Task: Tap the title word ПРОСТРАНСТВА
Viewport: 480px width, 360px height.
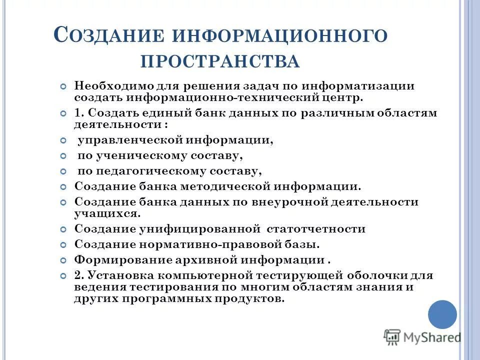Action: (x=220, y=62)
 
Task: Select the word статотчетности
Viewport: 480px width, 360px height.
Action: (x=316, y=229)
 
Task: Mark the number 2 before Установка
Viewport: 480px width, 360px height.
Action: (x=77, y=276)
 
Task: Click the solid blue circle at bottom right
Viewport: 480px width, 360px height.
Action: (x=442, y=314)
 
